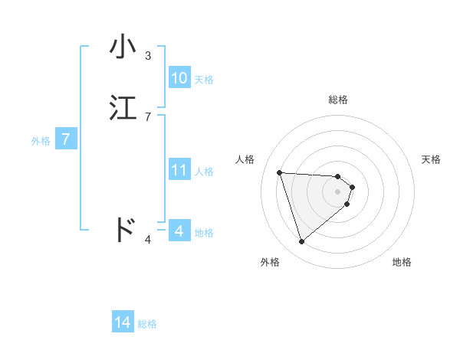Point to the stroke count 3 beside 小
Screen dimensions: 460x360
tap(148, 56)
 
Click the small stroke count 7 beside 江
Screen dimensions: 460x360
tap(148, 116)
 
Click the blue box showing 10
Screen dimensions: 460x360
tap(179, 78)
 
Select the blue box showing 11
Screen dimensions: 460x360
tap(179, 170)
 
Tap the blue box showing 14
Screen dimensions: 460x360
tap(123, 323)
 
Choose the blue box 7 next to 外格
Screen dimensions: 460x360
tap(66, 139)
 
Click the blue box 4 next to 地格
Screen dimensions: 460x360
tap(179, 231)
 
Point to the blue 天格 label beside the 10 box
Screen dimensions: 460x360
tap(204, 80)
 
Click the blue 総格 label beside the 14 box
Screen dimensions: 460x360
tap(147, 324)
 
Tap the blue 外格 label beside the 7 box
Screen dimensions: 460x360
tap(41, 141)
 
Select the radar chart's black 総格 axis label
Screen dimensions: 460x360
tap(338, 100)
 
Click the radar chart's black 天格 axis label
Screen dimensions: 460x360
tap(432, 159)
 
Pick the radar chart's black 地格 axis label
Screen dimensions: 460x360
tap(402, 262)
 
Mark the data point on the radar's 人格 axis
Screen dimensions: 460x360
tap(280, 172)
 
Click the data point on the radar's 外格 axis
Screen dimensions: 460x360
tap(301, 242)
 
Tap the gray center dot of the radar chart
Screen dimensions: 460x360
tap(338, 191)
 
